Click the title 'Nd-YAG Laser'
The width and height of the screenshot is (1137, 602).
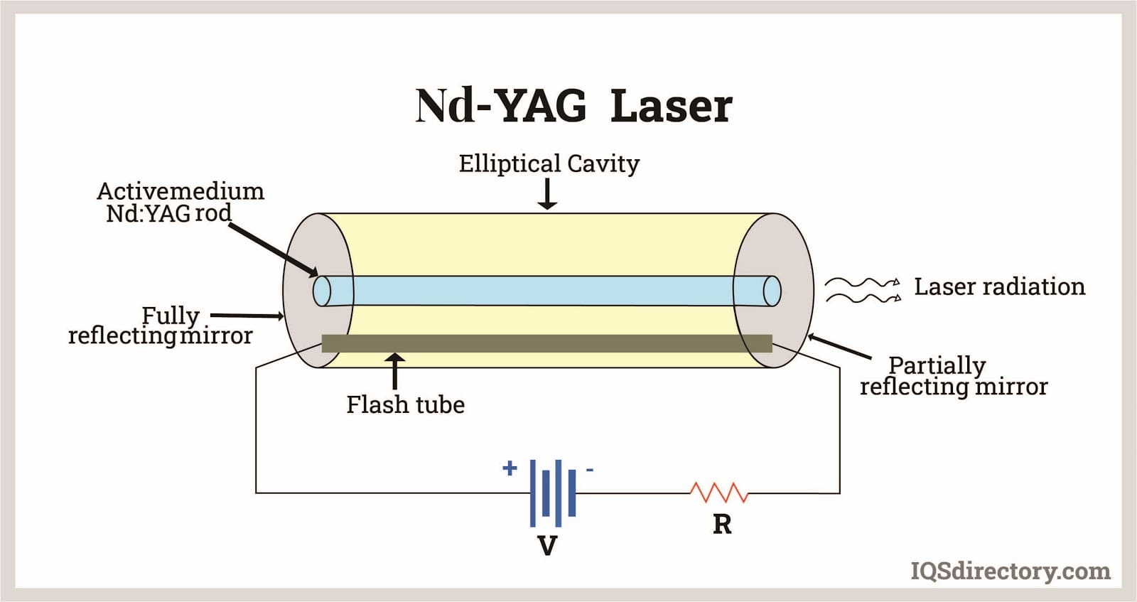coord(573,107)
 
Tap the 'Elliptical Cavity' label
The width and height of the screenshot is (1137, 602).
coord(549,163)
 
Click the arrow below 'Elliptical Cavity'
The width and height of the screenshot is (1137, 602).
coord(547,195)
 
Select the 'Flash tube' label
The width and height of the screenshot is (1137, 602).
coord(405,404)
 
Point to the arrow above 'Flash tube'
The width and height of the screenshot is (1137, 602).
coord(394,370)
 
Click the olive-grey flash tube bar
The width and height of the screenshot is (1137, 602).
coord(546,343)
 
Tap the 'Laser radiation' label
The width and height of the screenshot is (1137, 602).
coord(999,286)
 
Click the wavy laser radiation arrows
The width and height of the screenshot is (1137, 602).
coord(862,290)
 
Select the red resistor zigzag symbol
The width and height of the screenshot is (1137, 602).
coord(718,492)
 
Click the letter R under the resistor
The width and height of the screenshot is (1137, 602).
coord(721,525)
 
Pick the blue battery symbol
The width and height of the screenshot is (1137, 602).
coord(552,492)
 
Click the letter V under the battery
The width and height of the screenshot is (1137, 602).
coord(546,546)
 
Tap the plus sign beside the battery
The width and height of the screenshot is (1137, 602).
coord(509,468)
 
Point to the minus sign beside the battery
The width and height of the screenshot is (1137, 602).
coord(589,470)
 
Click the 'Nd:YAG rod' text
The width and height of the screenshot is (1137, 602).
coord(168,213)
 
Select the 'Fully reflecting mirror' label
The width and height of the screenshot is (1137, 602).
coord(160,326)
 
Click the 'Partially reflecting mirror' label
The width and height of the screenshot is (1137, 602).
coord(953,376)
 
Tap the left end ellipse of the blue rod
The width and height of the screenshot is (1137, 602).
coord(322,290)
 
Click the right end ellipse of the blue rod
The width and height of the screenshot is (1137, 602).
coord(772,291)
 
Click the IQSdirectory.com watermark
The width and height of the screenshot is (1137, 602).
coord(1010,571)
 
